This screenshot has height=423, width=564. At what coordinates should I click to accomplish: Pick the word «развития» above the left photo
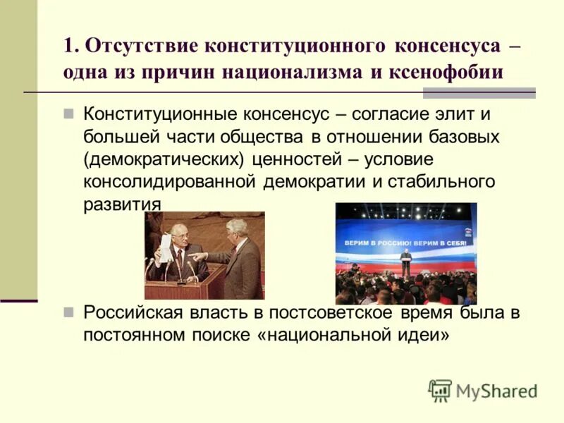121,203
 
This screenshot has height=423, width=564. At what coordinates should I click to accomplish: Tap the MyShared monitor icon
440,391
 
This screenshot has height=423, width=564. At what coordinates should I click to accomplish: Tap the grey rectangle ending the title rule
479,93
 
